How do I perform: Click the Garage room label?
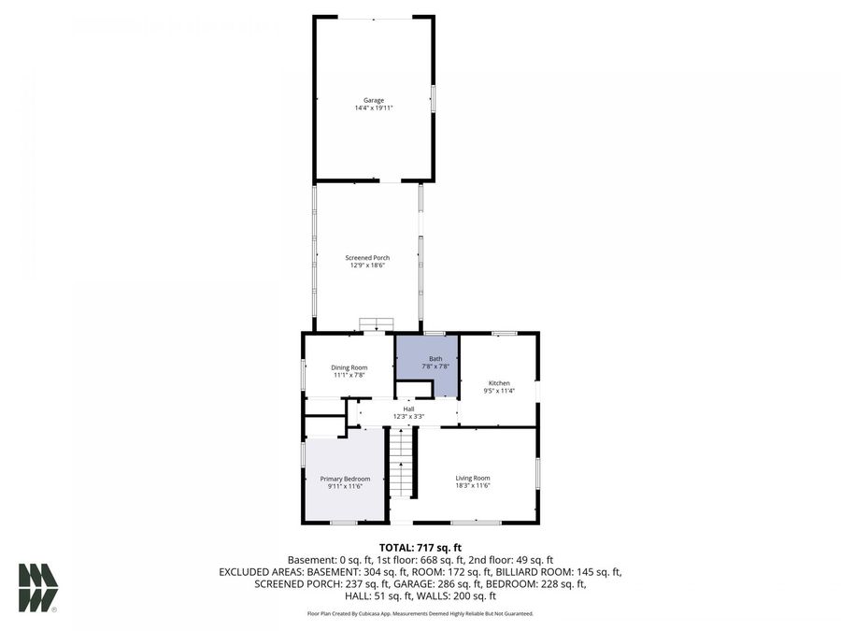click(x=374, y=100)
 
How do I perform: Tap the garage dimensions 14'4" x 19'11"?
click(x=374, y=108)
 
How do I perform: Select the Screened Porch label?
click(x=369, y=257)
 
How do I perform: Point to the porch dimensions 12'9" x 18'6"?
click(x=369, y=265)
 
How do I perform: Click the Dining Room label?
click(x=349, y=366)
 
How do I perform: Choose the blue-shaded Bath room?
click(x=427, y=365)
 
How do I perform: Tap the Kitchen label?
click(x=499, y=382)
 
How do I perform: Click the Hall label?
click(x=408, y=409)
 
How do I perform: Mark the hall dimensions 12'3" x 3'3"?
click(x=408, y=417)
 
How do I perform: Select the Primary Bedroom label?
click(x=332, y=479)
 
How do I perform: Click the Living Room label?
click(x=472, y=478)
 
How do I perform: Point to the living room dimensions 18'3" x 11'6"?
click(x=472, y=486)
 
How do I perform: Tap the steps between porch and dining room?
click(x=375, y=324)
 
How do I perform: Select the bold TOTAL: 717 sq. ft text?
click(x=420, y=548)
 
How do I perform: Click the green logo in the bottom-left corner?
click(x=37, y=587)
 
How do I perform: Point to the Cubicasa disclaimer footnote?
click(x=420, y=613)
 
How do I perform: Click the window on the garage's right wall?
click(x=433, y=99)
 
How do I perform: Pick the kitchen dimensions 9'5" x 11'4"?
click(x=499, y=391)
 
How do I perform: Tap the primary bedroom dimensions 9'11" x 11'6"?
click(x=332, y=487)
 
